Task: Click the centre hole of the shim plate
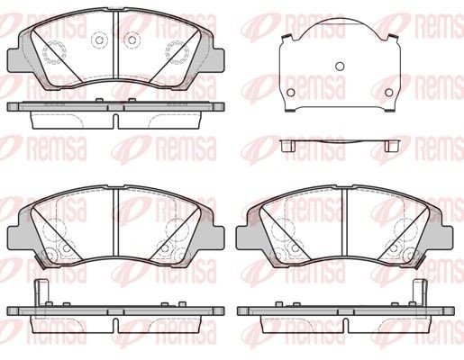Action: tap(340, 67)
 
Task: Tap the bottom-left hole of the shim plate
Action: tap(291, 93)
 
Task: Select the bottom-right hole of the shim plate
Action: tap(389, 93)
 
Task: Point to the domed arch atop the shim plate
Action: tap(340, 21)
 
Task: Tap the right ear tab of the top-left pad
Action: tap(218, 60)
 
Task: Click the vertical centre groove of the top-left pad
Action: tap(116, 45)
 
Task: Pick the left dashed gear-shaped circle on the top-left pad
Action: tap(54, 52)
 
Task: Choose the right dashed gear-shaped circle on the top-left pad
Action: tap(177, 52)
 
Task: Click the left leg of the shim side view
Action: tap(287, 146)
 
